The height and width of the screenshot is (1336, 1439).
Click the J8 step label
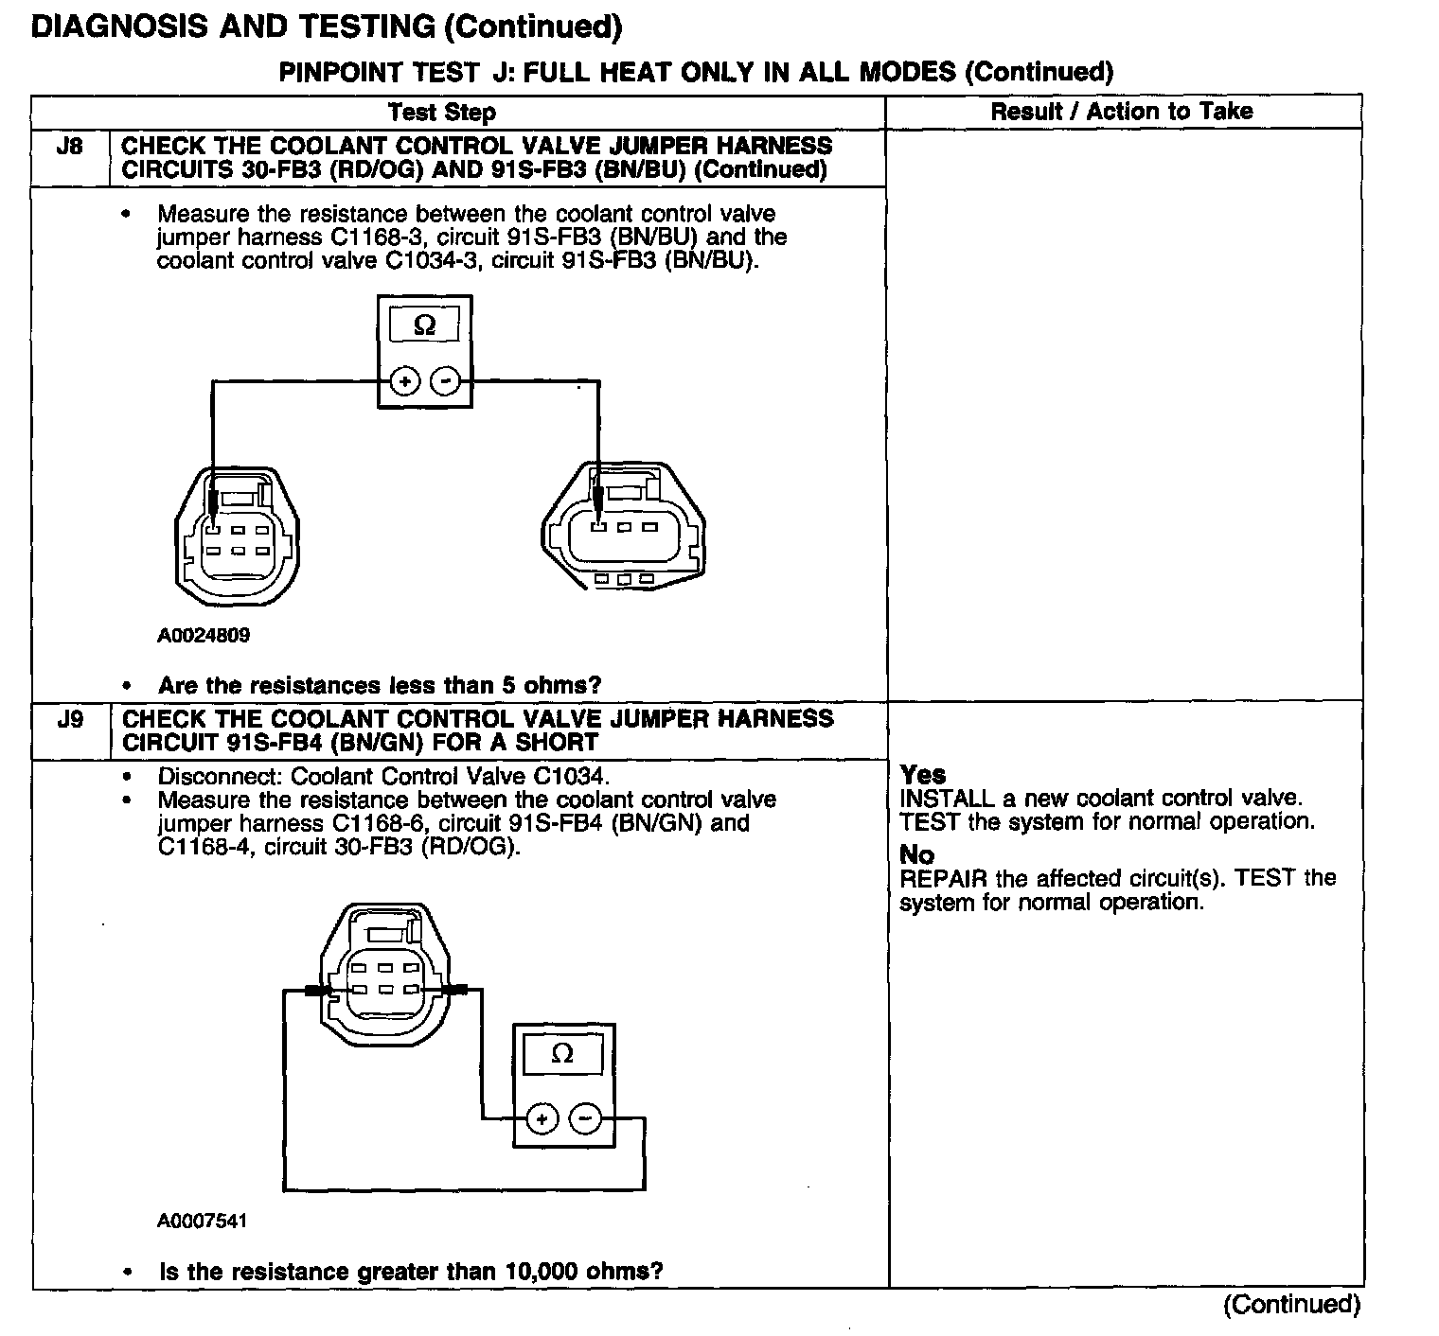69,147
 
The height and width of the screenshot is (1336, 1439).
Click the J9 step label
70,720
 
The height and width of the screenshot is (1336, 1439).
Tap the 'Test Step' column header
442,113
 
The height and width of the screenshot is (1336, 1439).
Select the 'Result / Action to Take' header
1121,112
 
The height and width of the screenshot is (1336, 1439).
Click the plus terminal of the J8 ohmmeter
405,381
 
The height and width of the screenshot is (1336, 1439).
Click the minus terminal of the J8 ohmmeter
445,381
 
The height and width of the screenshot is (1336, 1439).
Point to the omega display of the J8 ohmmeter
425,325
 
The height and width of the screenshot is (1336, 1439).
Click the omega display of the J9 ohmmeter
562,1054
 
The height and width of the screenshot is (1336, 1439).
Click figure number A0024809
204,636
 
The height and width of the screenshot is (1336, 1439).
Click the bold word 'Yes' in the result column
922,775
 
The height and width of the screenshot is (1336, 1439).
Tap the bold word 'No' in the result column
916,855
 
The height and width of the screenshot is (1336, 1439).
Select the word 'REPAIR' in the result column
943,879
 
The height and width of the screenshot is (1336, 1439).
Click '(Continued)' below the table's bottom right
1291,1305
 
